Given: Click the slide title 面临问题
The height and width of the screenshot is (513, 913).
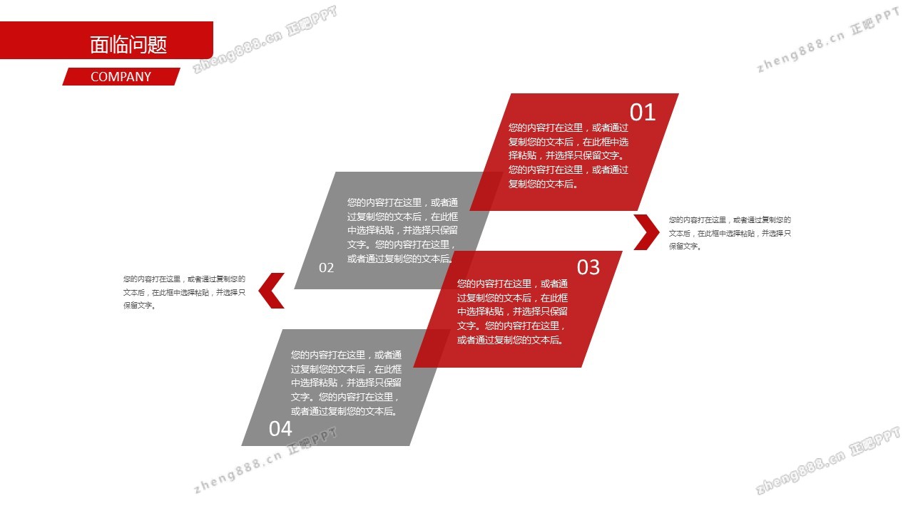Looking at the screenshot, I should click(x=128, y=45).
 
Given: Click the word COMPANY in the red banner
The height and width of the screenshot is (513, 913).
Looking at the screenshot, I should click(x=121, y=77).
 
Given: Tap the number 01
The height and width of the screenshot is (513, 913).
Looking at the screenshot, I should click(x=642, y=113).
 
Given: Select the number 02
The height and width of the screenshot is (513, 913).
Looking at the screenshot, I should click(x=326, y=268).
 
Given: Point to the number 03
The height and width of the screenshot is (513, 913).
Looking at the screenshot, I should click(x=588, y=267).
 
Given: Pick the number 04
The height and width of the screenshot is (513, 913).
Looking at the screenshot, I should click(x=280, y=428).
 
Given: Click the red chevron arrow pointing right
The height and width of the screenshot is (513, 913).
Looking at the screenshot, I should click(x=646, y=232).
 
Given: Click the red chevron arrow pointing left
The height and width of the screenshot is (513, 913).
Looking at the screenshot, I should click(x=272, y=291).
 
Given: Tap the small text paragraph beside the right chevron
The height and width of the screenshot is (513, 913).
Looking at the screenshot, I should click(x=730, y=233).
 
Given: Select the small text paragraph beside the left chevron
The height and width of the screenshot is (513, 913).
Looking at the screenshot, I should click(x=184, y=292).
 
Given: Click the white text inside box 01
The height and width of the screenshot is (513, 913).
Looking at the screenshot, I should click(x=568, y=155).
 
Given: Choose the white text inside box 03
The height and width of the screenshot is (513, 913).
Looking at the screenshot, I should click(x=512, y=311).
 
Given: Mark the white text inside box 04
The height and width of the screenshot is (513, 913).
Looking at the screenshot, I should click(x=346, y=383).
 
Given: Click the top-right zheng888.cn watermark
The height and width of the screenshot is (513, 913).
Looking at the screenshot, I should click(x=827, y=43).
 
